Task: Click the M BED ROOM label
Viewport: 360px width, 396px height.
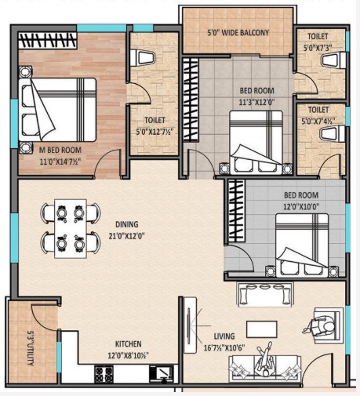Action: (x=60, y=151)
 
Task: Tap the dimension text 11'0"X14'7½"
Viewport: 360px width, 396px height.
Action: (x=60, y=162)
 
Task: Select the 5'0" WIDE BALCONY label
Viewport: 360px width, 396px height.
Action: (x=238, y=33)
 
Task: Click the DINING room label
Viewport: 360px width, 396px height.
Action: (x=127, y=224)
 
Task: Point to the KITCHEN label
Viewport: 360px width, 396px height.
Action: (x=129, y=343)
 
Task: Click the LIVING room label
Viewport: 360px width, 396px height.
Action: (x=224, y=336)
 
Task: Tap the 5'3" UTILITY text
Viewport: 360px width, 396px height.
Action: (x=31, y=348)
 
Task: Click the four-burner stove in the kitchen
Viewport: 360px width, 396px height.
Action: (x=104, y=374)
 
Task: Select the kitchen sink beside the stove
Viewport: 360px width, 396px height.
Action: (x=161, y=374)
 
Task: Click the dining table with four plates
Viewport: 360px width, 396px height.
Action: (x=71, y=229)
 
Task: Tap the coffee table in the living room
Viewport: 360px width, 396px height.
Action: (x=262, y=329)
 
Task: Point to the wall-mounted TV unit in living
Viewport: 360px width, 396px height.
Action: (x=190, y=325)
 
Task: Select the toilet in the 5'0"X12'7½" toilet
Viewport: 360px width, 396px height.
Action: (x=143, y=58)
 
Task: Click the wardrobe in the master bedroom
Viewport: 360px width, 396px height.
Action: (x=48, y=40)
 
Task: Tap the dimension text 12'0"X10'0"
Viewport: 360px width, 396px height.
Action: (x=301, y=207)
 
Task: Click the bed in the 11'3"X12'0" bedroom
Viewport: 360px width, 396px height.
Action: (x=256, y=143)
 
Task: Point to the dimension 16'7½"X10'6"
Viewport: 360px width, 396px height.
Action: (x=224, y=348)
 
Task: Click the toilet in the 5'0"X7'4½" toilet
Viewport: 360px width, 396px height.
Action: (x=333, y=134)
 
